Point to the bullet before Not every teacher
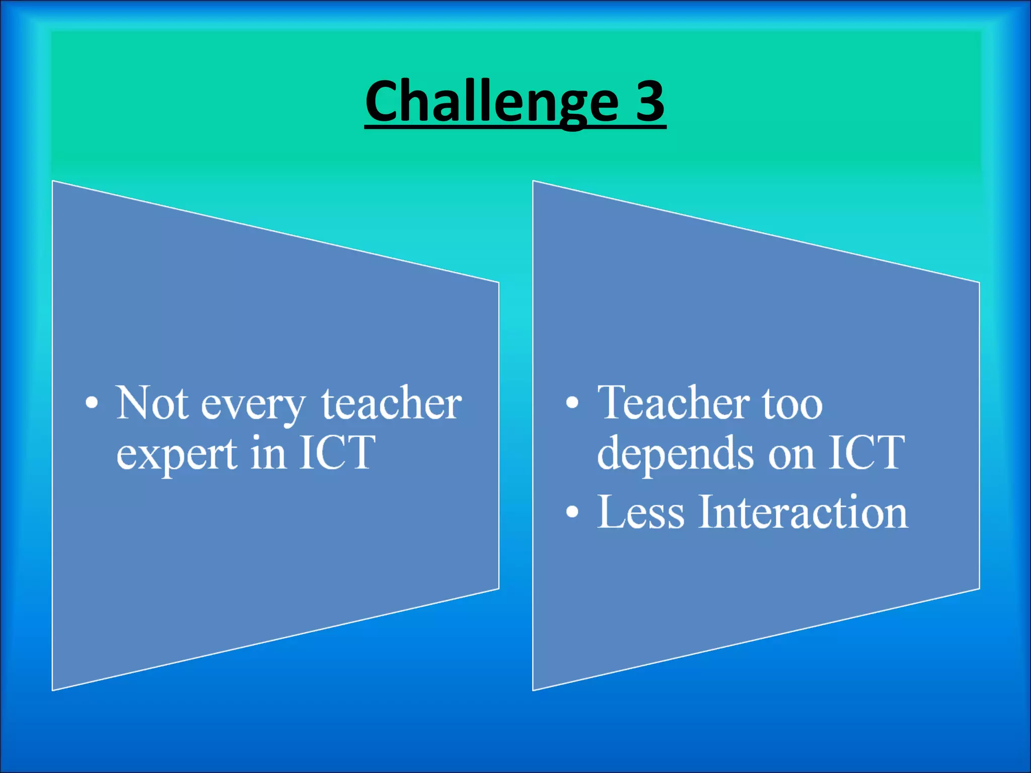(x=92, y=403)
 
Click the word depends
(x=675, y=453)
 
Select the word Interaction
(x=803, y=512)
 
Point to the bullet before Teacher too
(x=572, y=403)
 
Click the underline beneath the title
(x=515, y=128)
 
